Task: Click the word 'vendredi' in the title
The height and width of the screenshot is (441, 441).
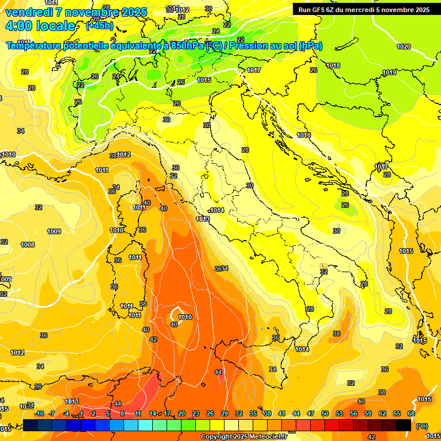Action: click(x=28, y=12)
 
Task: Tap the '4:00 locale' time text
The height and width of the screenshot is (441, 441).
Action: click(x=40, y=26)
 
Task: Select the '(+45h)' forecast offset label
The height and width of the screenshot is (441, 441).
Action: click(x=99, y=26)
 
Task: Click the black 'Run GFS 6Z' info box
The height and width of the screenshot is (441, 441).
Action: click(x=363, y=10)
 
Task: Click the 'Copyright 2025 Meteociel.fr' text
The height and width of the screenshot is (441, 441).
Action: click(x=244, y=436)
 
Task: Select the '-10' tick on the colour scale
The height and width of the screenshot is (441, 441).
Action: click(x=39, y=413)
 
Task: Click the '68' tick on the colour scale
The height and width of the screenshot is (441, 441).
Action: click(x=411, y=413)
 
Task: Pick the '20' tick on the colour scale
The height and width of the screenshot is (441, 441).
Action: click(x=181, y=413)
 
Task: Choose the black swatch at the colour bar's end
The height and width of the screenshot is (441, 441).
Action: click(x=404, y=425)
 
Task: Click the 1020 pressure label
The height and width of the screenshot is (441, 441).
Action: click(x=404, y=47)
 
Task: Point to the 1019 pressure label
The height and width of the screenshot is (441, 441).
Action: click(x=389, y=72)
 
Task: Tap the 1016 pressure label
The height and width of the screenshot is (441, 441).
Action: click(x=304, y=135)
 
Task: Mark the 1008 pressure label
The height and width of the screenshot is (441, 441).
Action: click(x=28, y=245)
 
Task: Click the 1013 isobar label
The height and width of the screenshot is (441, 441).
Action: click(x=203, y=219)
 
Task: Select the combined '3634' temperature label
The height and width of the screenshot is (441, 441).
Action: click(x=221, y=268)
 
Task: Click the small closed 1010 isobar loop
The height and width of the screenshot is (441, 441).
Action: click(x=176, y=315)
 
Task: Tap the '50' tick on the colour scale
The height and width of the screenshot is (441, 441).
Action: click(x=325, y=413)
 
